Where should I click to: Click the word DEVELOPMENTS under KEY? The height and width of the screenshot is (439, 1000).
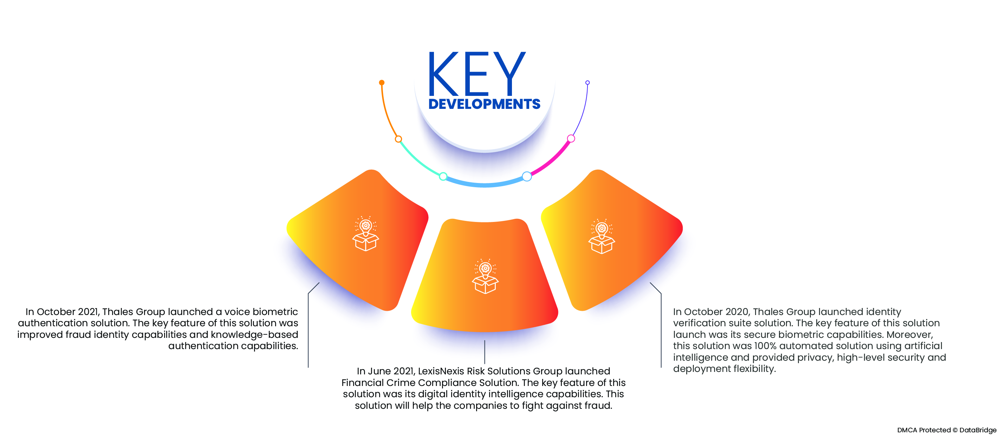click(484, 104)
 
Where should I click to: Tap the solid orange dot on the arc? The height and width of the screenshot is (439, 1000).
click(382, 82)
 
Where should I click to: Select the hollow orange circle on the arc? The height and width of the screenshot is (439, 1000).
click(398, 139)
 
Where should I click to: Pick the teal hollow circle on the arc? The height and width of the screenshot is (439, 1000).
click(443, 177)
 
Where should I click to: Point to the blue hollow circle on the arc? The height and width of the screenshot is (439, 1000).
click(527, 177)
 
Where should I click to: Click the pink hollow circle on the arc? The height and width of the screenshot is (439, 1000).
click(571, 139)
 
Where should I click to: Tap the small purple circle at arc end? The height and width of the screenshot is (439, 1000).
click(587, 83)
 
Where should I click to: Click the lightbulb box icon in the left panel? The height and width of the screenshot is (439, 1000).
click(365, 234)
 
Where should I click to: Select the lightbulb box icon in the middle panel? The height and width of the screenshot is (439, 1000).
click(485, 276)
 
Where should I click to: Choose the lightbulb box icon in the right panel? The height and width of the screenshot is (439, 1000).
click(602, 236)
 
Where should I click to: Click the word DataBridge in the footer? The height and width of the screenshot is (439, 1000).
click(978, 430)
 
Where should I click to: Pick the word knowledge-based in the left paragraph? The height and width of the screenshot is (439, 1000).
click(254, 335)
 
